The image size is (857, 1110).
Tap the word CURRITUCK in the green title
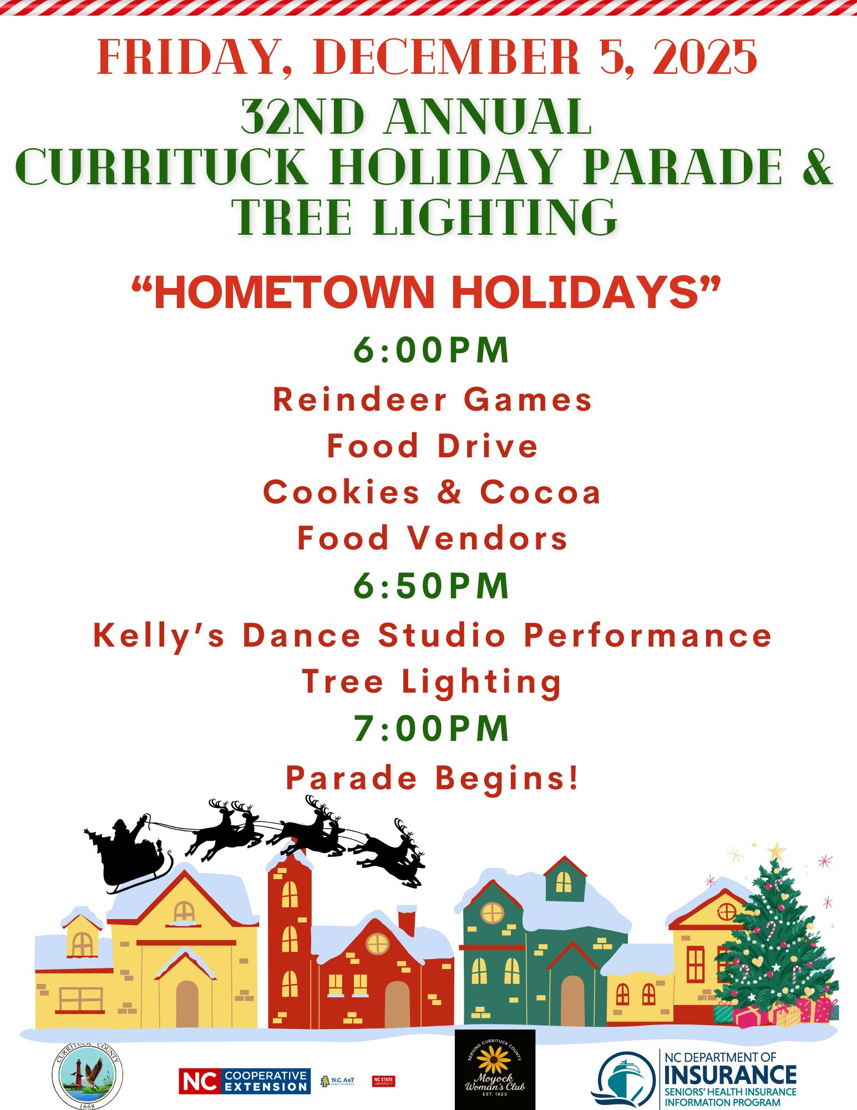coord(161,167)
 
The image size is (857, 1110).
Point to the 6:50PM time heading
coord(432,586)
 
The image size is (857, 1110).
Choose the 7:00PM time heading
coord(432,728)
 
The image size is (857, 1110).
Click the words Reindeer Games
coord(433,400)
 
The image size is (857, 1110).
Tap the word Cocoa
coord(540,492)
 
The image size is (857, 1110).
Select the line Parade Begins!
coord(433,778)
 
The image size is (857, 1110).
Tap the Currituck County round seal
coord(88,1076)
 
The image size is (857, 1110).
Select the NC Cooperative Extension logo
coord(245,1081)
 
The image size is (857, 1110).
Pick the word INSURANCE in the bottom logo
coord(730,1075)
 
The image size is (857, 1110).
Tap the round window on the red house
coord(377,943)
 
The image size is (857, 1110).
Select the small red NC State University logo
coord(383,1081)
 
